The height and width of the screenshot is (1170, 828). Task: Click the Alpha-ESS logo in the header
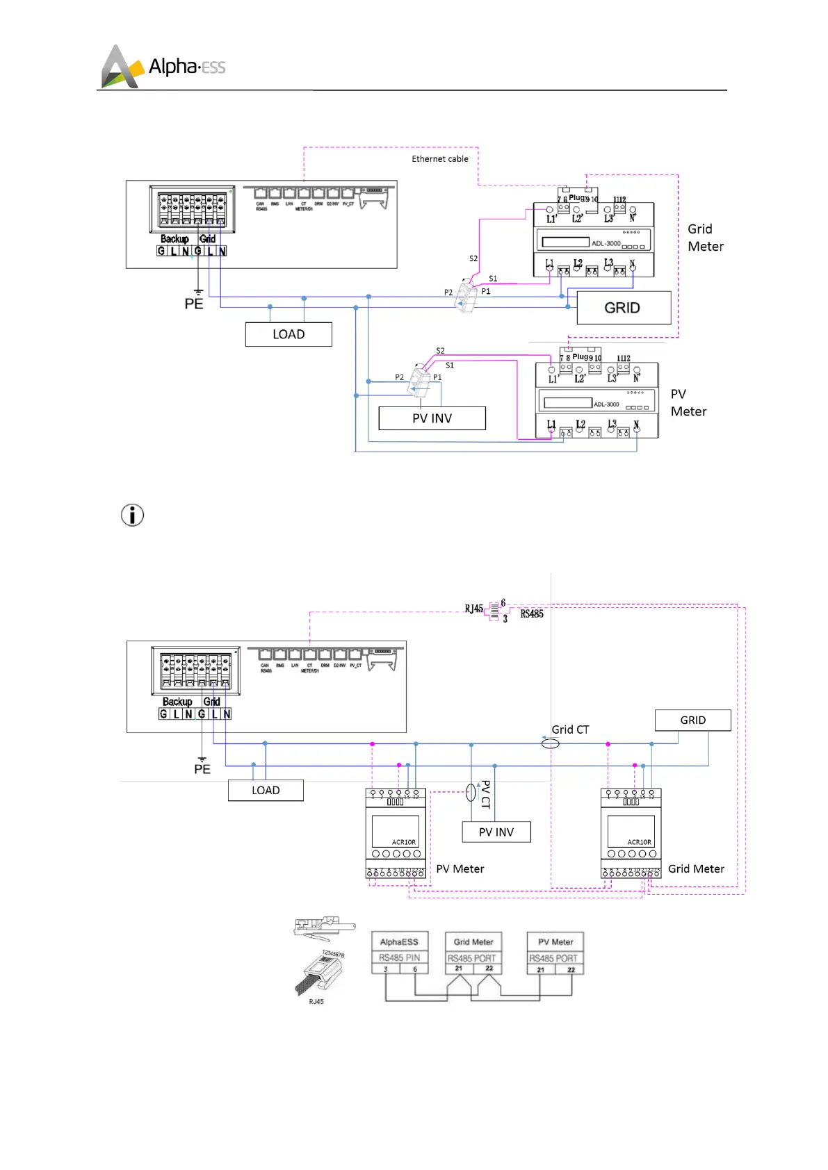(x=163, y=67)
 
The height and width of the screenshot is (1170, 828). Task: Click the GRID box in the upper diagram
(x=623, y=308)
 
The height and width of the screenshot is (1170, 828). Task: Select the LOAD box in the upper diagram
(x=289, y=334)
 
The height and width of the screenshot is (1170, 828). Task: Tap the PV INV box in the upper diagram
(x=432, y=418)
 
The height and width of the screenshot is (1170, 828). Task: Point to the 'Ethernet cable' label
(x=439, y=159)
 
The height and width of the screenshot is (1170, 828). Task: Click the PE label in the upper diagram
(x=194, y=304)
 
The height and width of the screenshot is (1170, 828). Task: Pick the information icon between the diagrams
(x=132, y=515)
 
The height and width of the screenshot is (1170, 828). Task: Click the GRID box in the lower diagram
(x=692, y=720)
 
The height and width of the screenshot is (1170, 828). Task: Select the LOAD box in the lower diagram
(x=266, y=790)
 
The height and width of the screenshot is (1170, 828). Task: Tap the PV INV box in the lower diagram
(x=496, y=832)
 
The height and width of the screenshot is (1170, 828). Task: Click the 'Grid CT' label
(x=570, y=730)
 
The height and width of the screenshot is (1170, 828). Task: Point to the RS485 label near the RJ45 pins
(x=532, y=613)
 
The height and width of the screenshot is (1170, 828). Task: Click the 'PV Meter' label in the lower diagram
(x=460, y=868)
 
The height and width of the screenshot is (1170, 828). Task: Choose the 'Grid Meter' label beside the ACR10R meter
(x=696, y=868)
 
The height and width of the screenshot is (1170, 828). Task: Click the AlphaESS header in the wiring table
(x=399, y=942)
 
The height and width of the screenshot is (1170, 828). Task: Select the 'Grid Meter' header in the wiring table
(x=473, y=942)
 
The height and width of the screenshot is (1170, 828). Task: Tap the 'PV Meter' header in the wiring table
(x=555, y=942)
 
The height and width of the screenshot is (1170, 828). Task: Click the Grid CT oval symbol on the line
(x=550, y=743)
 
